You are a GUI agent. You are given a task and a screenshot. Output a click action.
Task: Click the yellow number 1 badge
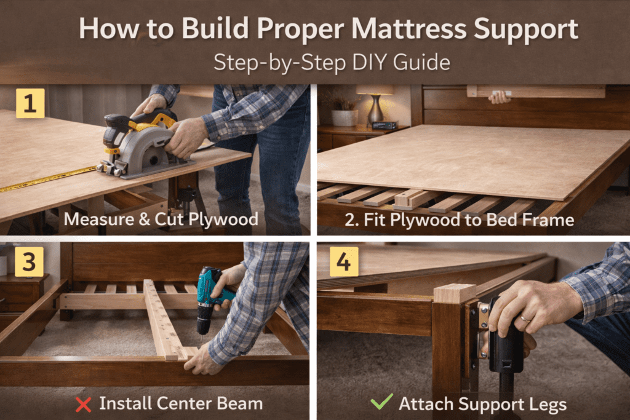[x=30, y=103]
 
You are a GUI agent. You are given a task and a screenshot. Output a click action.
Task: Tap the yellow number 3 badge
[x=29, y=262]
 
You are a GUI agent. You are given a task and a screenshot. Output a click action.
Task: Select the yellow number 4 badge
[x=344, y=262]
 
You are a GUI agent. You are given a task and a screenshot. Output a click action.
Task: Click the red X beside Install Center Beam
[x=83, y=405]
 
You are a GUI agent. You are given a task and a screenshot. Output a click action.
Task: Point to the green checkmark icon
[x=381, y=401]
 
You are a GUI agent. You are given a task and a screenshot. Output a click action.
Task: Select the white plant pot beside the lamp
[x=345, y=117]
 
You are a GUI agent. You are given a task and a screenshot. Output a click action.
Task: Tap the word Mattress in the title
[x=408, y=29]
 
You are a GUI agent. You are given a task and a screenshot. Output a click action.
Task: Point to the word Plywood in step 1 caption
[x=223, y=220]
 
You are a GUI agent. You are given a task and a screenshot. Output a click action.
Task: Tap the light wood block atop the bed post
[x=454, y=293]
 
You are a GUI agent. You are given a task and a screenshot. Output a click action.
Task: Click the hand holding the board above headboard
[x=500, y=97]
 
